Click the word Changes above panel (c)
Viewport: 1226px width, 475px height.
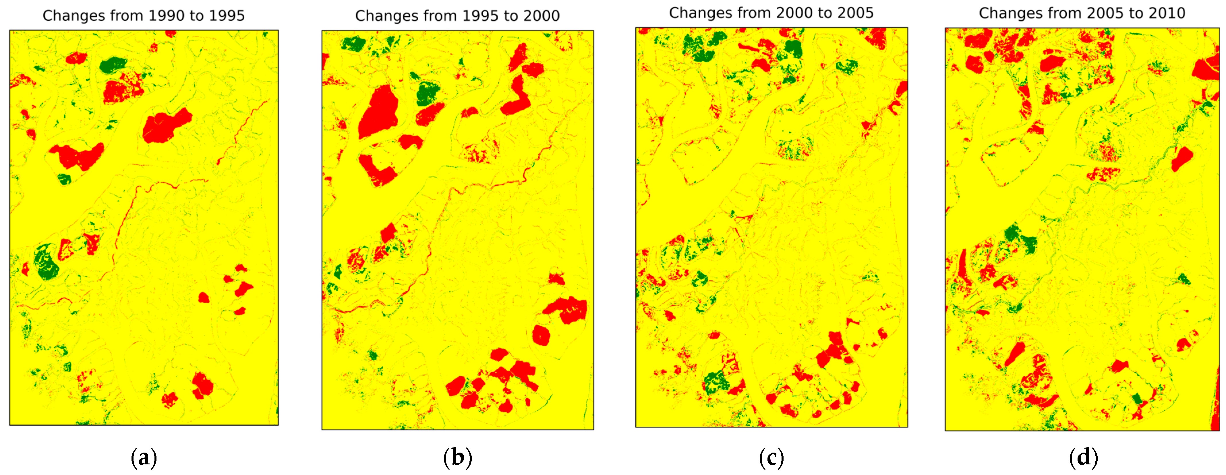(x=700, y=13)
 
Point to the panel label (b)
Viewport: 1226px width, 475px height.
(x=457, y=458)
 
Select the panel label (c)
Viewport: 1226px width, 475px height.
(x=771, y=458)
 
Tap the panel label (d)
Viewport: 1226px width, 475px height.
(x=1083, y=458)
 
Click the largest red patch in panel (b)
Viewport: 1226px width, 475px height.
(x=379, y=112)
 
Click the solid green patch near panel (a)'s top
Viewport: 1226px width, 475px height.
(x=113, y=65)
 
